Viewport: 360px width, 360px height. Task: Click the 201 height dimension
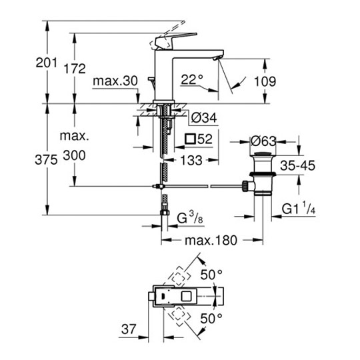(47, 63)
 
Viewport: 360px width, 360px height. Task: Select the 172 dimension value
(75, 69)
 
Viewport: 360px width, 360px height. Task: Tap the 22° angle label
(192, 80)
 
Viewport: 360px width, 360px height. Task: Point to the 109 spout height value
(265, 81)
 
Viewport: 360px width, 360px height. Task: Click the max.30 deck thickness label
(115, 81)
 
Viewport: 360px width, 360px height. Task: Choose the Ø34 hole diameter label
(204, 118)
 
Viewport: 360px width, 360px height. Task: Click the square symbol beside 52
(190, 139)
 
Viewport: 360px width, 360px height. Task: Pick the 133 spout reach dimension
(191, 160)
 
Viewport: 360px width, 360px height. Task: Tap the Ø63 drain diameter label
(263, 141)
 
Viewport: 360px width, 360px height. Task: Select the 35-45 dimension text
(298, 165)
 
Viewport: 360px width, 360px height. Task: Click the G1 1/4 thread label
(299, 208)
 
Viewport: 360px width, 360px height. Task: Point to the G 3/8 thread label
(190, 217)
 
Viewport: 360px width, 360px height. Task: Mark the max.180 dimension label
(211, 241)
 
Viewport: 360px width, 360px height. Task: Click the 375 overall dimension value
(46, 159)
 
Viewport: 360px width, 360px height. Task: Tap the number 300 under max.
(75, 155)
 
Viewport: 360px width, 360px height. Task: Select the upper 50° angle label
(211, 275)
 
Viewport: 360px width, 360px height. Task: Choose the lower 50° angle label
(211, 319)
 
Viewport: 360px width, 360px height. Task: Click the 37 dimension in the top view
(129, 329)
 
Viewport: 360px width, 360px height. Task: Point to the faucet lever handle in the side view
(176, 41)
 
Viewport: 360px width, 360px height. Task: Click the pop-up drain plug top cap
(263, 154)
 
